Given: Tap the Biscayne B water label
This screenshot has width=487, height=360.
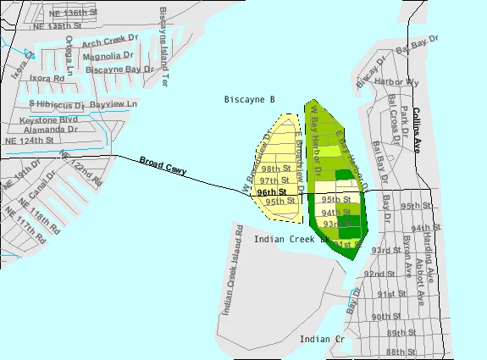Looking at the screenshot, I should coord(249,100).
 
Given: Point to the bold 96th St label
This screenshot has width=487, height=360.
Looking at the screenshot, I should coord(272,192).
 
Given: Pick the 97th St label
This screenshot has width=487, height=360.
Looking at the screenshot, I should coord(269,180).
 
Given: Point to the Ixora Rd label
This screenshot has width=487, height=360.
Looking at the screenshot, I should coord(47,78).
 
